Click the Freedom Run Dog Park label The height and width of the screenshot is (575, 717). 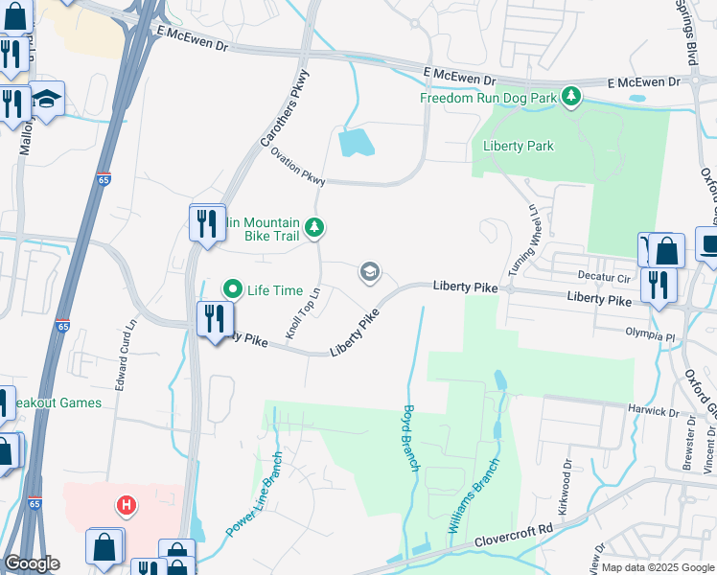(x=488, y=97)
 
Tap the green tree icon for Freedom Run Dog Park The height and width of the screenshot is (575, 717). (x=571, y=96)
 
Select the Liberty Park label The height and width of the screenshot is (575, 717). (x=519, y=146)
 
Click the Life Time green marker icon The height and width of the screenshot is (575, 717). (x=232, y=288)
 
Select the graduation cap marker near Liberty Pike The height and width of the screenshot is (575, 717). (x=368, y=273)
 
